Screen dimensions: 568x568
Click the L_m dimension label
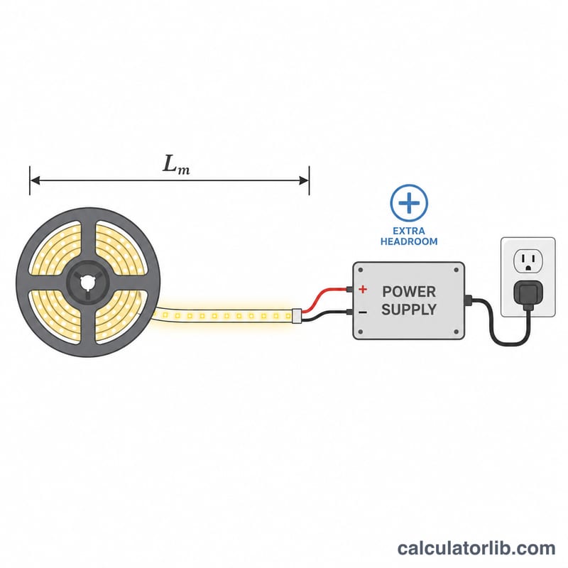click(x=176, y=165)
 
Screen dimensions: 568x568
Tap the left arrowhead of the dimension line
click(x=35, y=180)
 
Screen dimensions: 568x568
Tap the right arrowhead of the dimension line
click(x=304, y=180)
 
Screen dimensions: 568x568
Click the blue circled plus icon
click(x=409, y=203)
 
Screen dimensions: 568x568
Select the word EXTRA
click(x=409, y=231)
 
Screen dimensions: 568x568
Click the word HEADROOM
click(x=409, y=241)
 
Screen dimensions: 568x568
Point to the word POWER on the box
click(x=409, y=292)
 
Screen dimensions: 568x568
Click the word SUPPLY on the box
click(x=409, y=310)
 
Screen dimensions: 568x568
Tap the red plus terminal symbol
click(x=363, y=289)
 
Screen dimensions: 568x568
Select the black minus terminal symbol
click(x=363, y=312)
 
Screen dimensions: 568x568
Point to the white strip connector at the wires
click(x=297, y=316)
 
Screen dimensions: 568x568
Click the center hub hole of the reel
click(x=87, y=283)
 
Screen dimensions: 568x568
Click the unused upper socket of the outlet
click(x=528, y=261)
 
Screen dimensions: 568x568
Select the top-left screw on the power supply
click(x=361, y=270)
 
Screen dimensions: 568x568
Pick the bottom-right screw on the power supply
click(x=456, y=332)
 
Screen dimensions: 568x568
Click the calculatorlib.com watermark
click(x=476, y=547)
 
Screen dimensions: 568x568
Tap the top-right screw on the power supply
click(x=456, y=270)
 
